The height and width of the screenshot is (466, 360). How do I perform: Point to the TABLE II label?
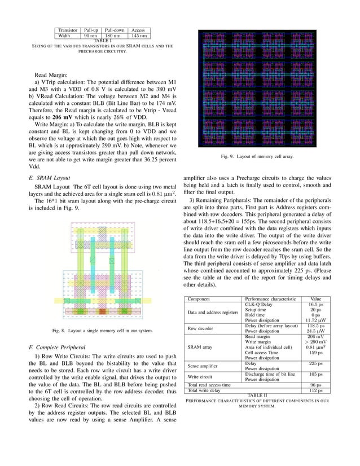[x=257, y=394]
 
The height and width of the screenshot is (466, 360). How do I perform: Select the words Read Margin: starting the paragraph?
[x=53, y=74]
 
